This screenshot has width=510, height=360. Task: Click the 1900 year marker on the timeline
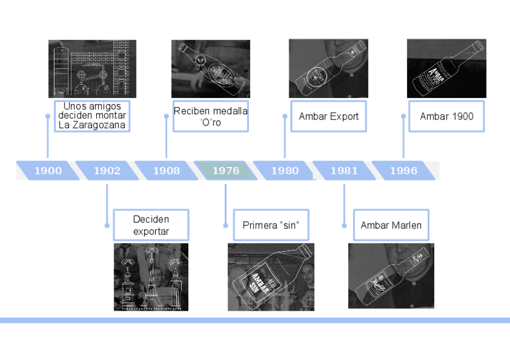(x=48, y=171)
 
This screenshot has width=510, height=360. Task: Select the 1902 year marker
(x=107, y=171)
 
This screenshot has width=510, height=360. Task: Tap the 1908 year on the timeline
(x=166, y=171)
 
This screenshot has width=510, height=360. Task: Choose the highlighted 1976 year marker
(x=226, y=171)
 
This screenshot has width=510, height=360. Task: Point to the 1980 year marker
(x=284, y=171)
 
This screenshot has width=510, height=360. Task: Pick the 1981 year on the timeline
(x=344, y=171)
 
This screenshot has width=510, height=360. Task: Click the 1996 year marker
(x=403, y=171)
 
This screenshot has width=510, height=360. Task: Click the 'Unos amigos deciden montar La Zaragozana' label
(x=92, y=116)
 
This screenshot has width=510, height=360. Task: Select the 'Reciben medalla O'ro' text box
(x=210, y=116)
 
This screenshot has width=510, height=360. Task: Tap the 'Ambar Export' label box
(x=328, y=116)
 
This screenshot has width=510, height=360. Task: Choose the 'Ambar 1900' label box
(x=446, y=116)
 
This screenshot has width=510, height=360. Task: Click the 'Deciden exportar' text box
(x=151, y=225)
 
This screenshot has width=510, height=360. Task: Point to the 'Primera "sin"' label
(x=271, y=225)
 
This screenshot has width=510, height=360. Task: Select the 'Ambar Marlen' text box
(x=391, y=225)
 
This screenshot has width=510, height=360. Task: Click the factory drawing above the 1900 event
(x=92, y=69)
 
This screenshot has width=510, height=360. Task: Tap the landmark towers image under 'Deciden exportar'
(x=151, y=276)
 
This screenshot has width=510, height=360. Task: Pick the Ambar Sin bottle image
(x=271, y=276)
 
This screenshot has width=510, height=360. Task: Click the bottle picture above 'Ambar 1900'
(x=446, y=69)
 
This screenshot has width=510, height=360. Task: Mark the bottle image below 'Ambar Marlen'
(x=391, y=275)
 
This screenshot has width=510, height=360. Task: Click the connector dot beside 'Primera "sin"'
(x=226, y=225)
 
